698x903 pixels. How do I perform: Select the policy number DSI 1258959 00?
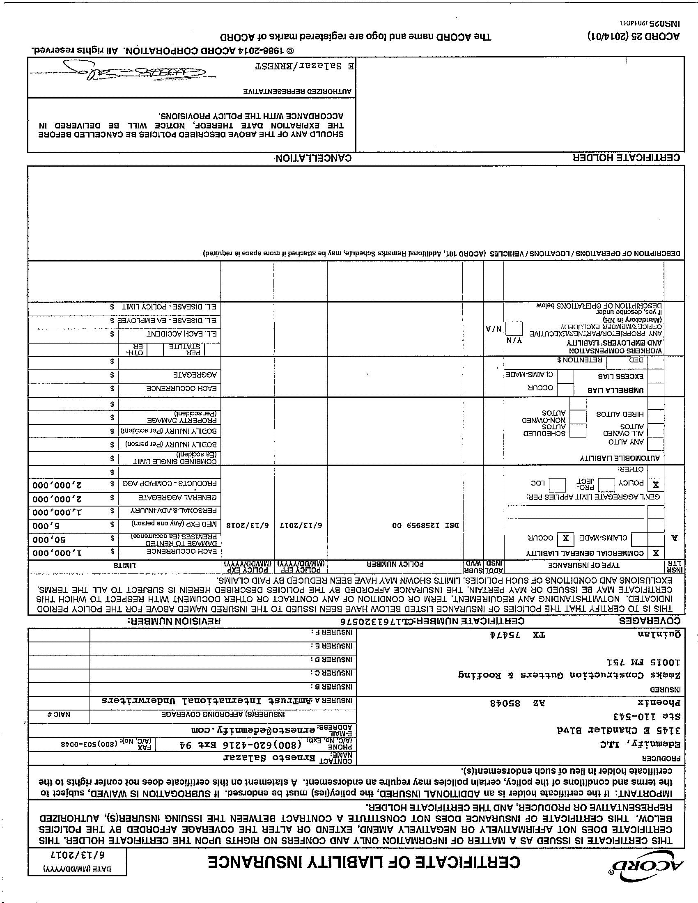(425, 525)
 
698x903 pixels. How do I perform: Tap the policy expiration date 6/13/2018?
(247, 525)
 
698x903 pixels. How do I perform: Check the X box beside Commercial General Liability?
(656, 553)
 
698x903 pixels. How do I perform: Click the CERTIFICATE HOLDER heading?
(626, 158)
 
